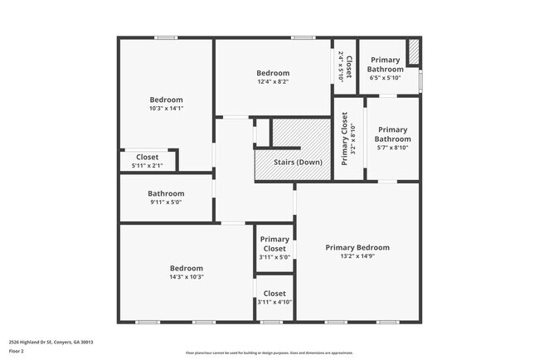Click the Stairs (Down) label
298,162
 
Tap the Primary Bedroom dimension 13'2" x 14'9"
357,258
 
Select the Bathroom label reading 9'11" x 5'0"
166,202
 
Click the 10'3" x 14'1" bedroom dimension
166,109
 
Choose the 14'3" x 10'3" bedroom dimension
187,277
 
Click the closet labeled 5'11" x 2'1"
147,166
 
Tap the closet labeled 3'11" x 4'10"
274,302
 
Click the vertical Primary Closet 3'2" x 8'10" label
348,139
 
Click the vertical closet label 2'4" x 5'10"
345,66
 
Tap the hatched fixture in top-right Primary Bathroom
415,54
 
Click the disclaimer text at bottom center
269,353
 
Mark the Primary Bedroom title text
357,247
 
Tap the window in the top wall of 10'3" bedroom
166,37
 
